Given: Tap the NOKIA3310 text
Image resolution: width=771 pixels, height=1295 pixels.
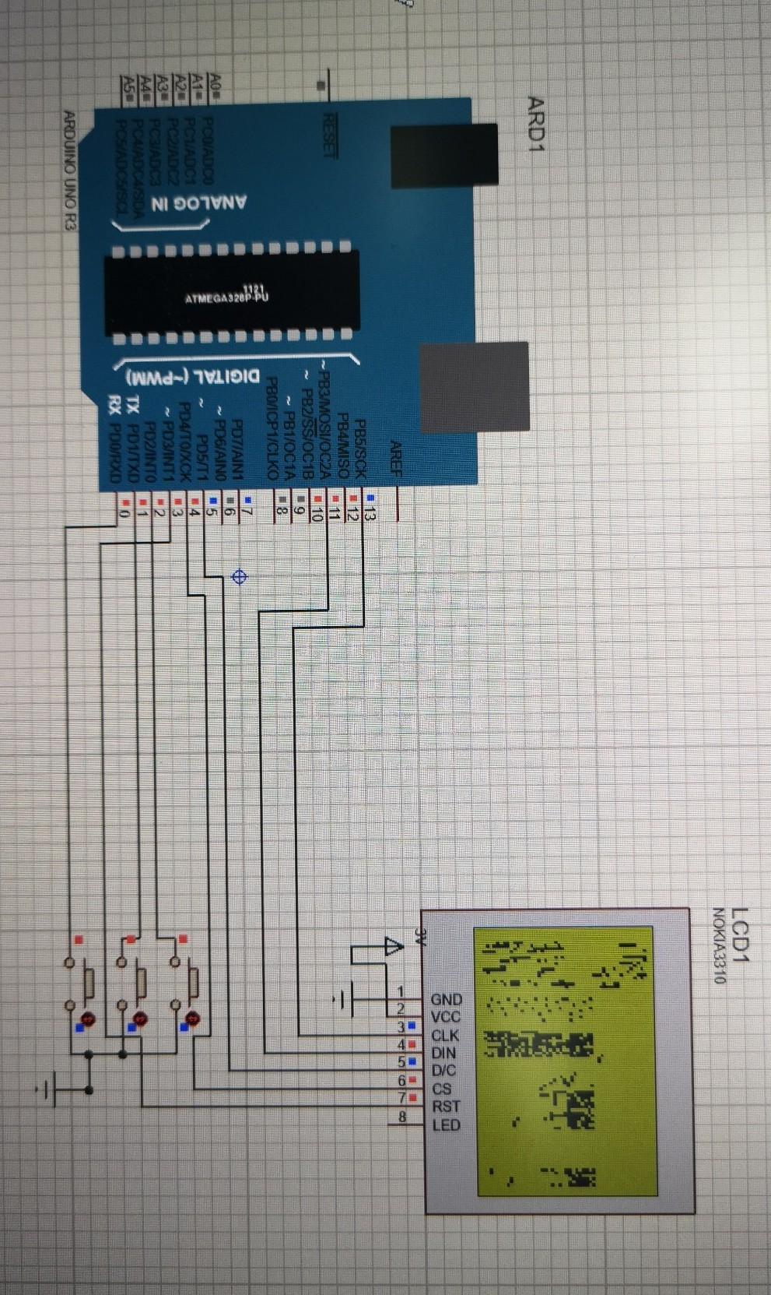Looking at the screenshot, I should [x=720, y=945].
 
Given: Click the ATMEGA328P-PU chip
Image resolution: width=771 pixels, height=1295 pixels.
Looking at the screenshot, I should [x=231, y=294].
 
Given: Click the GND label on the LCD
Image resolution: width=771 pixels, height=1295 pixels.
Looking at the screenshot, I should [x=447, y=999].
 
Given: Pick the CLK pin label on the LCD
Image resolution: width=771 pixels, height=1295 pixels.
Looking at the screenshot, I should [x=445, y=1036].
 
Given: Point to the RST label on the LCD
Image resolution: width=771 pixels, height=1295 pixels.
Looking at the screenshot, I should [x=446, y=1106].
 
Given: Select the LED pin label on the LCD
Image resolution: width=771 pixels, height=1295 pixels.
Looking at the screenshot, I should [x=446, y=1124].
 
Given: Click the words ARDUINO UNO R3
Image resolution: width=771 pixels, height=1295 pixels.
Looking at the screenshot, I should [x=69, y=171].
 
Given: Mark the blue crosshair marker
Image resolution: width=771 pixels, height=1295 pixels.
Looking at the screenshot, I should [x=240, y=576].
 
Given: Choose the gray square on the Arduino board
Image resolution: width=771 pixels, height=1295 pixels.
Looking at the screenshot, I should [x=474, y=387].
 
